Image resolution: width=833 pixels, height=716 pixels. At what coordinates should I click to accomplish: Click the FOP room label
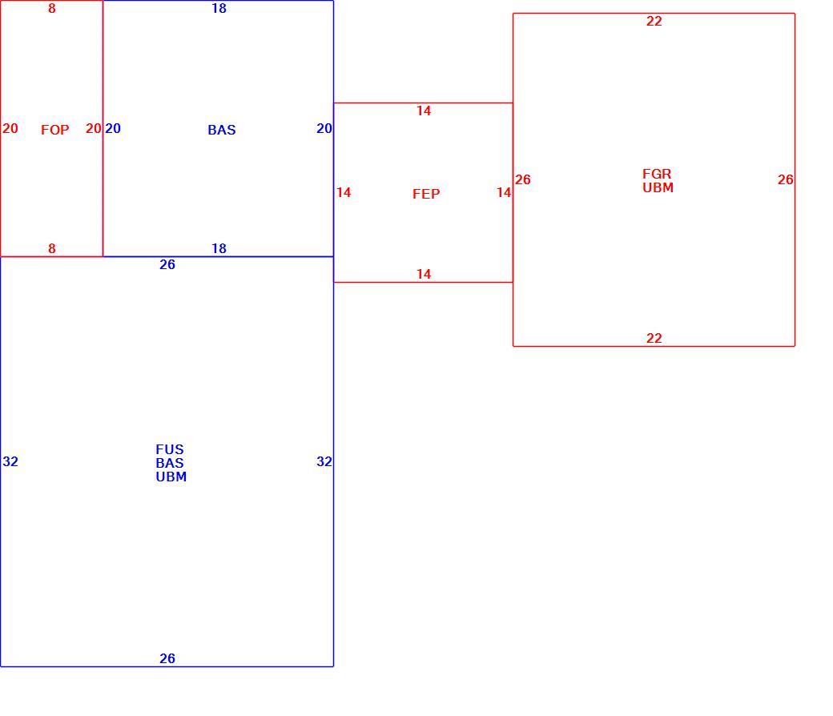click(54, 130)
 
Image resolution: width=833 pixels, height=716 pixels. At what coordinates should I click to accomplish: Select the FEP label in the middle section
click(426, 194)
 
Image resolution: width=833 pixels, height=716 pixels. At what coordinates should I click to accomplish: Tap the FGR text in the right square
click(657, 174)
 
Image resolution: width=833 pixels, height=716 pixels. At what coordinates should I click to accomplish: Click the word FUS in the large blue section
click(170, 449)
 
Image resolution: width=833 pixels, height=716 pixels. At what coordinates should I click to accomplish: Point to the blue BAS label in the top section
click(222, 130)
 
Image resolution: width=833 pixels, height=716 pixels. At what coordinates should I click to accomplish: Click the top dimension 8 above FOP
click(51, 8)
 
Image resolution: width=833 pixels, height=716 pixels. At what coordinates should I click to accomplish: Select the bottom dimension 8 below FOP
click(51, 248)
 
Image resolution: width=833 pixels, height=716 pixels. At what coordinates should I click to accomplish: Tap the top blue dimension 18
click(219, 8)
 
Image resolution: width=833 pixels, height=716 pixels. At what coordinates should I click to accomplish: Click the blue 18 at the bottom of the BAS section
click(219, 248)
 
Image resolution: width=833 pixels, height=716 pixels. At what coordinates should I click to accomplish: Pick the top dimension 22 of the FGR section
click(654, 21)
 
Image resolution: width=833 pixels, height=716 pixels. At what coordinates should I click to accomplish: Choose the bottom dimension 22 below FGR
click(654, 338)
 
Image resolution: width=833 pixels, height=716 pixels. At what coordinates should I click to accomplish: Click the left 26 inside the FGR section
click(523, 179)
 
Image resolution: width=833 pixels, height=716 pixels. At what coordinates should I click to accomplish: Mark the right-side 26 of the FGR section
click(785, 179)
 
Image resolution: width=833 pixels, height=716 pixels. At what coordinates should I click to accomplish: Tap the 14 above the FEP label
click(424, 111)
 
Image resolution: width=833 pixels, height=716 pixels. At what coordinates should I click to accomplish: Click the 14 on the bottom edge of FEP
click(424, 274)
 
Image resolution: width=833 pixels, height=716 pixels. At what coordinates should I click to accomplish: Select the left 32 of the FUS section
click(10, 461)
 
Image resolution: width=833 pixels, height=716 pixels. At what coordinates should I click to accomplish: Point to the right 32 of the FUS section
click(324, 461)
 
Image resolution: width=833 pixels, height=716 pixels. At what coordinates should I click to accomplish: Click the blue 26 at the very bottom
click(167, 658)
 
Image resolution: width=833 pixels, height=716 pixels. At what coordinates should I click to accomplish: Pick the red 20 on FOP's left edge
click(10, 128)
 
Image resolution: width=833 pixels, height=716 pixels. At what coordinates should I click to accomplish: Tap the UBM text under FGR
click(658, 187)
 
